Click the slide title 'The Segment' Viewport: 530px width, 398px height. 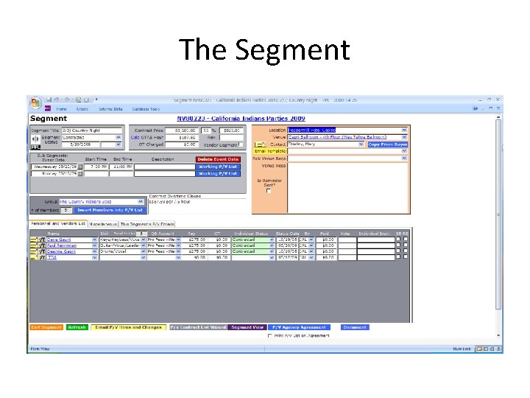(265, 50)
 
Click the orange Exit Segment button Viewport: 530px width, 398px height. (46, 327)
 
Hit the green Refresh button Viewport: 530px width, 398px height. (77, 327)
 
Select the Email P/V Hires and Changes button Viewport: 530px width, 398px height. (129, 327)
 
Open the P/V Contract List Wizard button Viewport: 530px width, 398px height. (197, 327)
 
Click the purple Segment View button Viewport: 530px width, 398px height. (247, 327)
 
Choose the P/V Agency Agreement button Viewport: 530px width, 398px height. (299, 327)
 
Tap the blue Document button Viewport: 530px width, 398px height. (354, 327)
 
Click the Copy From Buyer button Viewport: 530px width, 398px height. (387, 144)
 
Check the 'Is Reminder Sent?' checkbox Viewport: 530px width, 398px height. (269, 192)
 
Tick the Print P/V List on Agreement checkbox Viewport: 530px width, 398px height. (269, 335)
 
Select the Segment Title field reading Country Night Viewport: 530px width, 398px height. (92, 130)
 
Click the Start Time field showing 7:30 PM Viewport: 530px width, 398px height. (98, 167)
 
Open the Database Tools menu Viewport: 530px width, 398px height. (145, 109)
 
